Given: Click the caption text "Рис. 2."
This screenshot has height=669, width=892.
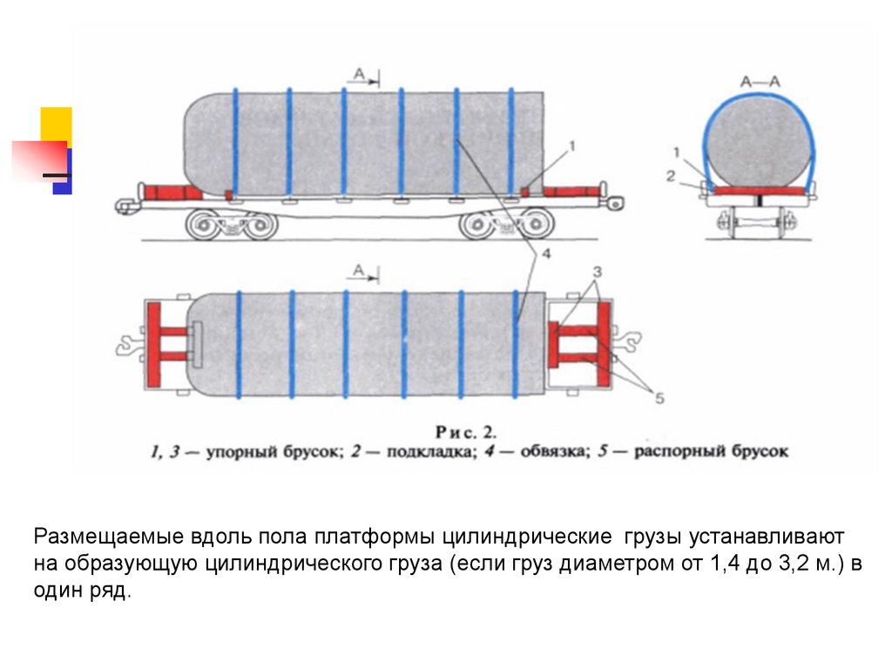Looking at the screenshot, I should point(464,430).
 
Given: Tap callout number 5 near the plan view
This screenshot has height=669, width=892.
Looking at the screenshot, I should point(659,399).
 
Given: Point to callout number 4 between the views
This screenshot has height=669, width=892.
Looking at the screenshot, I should point(545,255).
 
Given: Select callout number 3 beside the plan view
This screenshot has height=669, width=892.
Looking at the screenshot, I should point(597,271).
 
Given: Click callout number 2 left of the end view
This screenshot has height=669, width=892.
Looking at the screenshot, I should point(670,176).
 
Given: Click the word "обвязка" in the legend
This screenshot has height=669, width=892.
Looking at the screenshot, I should point(553,452).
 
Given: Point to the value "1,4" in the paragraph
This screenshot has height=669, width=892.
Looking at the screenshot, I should point(715,564).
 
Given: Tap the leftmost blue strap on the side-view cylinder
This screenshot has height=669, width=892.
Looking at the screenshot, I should point(234,144).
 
